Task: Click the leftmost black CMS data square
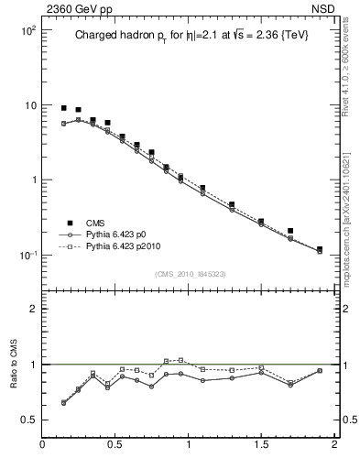click(x=64, y=108)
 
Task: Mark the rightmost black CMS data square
click(x=320, y=249)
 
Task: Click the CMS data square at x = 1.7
click(x=290, y=231)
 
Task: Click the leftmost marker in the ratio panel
click(x=64, y=402)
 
